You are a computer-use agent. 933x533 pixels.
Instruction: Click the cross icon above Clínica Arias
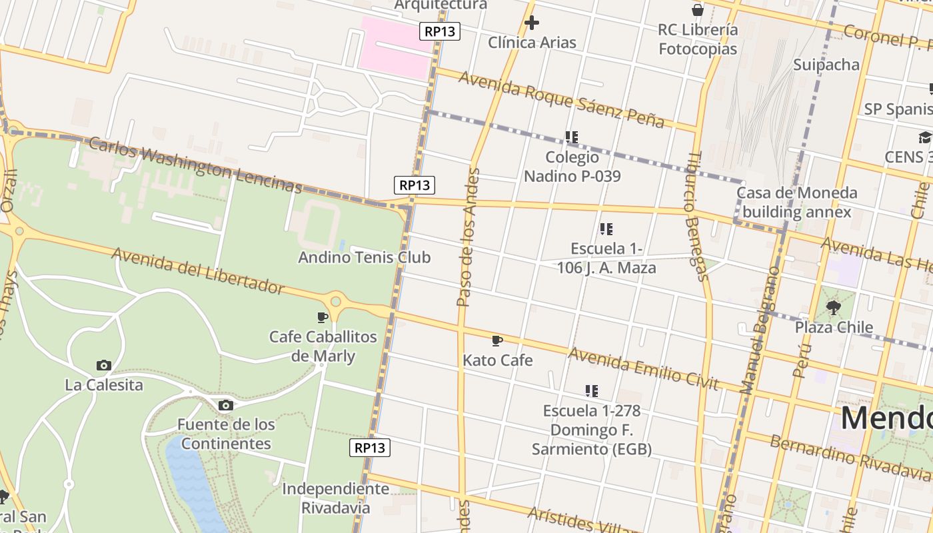click(531, 23)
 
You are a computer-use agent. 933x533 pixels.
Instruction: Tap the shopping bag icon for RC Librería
click(698, 10)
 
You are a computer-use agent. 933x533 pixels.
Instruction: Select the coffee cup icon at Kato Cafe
click(496, 341)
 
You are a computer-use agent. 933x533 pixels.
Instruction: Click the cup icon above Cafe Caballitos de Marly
click(323, 317)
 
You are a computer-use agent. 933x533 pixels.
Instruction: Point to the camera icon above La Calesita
click(103, 365)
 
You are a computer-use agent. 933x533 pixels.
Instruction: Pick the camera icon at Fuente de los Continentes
click(226, 405)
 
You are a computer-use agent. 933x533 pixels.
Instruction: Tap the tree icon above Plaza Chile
click(833, 307)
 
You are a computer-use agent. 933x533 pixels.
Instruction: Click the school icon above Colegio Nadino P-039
click(571, 137)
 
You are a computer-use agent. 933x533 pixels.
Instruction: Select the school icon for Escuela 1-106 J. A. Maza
click(606, 229)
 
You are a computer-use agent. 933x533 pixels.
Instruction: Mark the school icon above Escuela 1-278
click(591, 390)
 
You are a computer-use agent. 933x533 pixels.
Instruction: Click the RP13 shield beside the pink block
click(440, 31)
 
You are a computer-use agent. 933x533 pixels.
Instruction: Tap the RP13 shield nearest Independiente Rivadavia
click(370, 448)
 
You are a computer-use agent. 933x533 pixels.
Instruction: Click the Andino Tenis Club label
click(364, 257)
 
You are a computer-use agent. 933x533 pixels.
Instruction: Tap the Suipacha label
click(826, 65)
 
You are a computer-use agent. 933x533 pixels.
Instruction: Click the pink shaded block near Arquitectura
click(393, 47)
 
